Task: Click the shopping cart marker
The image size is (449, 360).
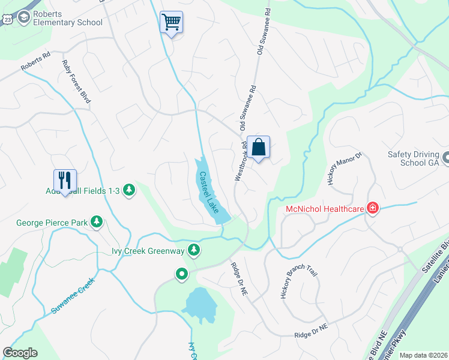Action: (x=172, y=23)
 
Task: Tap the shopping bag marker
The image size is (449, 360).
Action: (x=259, y=148)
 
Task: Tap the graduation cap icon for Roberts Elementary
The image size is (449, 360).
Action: (x=25, y=17)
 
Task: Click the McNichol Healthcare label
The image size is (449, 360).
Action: (x=325, y=209)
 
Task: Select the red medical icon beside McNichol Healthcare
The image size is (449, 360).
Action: (x=373, y=208)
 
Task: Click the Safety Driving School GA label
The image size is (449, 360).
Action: (x=414, y=158)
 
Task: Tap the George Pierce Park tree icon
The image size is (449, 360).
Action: (x=96, y=223)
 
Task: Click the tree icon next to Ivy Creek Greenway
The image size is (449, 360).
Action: (x=193, y=250)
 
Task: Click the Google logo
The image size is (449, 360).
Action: (x=20, y=353)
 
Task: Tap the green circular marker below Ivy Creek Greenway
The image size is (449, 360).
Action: (x=182, y=274)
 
